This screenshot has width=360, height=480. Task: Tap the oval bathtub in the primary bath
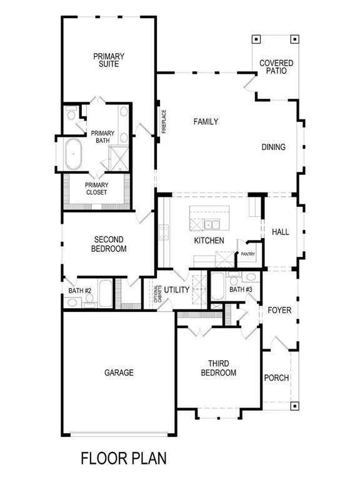pyautogui.click(x=73, y=153)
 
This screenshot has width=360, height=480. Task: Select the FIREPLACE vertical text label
pyautogui.click(x=164, y=121)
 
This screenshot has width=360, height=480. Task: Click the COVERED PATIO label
pyautogui.click(x=276, y=67)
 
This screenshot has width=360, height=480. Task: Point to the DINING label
pyautogui.click(x=273, y=147)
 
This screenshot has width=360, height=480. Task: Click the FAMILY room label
pyautogui.click(x=206, y=122)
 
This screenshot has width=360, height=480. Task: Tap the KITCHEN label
pyautogui.click(x=209, y=240)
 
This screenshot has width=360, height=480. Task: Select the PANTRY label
pyautogui.click(x=249, y=254)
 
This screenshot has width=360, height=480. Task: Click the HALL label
pyautogui.click(x=281, y=232)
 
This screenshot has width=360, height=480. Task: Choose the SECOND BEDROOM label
pyautogui.click(x=110, y=244)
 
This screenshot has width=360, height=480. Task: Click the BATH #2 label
pyautogui.click(x=80, y=290)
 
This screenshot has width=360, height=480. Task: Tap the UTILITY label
pyautogui.click(x=176, y=290)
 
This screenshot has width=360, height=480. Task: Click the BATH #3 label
pyautogui.click(x=241, y=290)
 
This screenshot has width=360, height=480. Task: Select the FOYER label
pyautogui.click(x=279, y=311)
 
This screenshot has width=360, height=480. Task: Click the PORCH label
pyautogui.click(x=276, y=377)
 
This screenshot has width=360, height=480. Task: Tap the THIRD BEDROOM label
pyautogui.click(x=218, y=369)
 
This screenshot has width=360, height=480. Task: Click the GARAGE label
pyautogui.click(x=119, y=372)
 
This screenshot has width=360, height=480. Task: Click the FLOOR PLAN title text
pyautogui.click(x=124, y=459)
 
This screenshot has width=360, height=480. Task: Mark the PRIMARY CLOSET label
pyautogui.click(x=96, y=188)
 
